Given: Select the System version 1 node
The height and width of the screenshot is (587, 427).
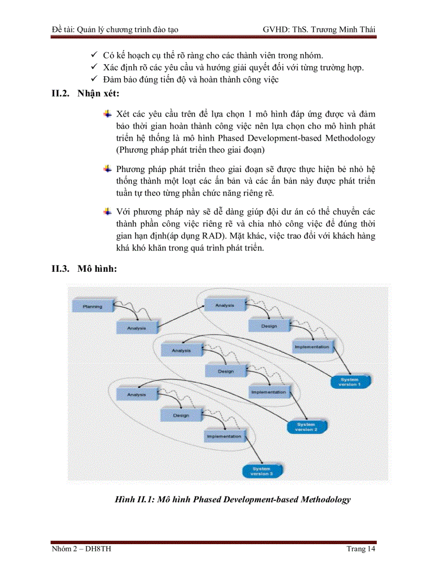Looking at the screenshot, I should [x=350, y=381].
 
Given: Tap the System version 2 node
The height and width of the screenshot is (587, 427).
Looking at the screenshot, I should [x=307, y=427].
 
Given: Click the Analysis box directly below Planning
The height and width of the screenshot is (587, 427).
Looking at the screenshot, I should [x=136, y=328].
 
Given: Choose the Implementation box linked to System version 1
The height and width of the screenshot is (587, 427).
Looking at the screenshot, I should [x=312, y=347].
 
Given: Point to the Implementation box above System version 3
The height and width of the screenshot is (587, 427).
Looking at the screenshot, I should [x=224, y=436].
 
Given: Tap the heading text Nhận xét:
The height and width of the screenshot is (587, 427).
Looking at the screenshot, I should [x=98, y=94].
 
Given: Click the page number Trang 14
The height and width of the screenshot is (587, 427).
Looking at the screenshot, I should [x=361, y=548].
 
